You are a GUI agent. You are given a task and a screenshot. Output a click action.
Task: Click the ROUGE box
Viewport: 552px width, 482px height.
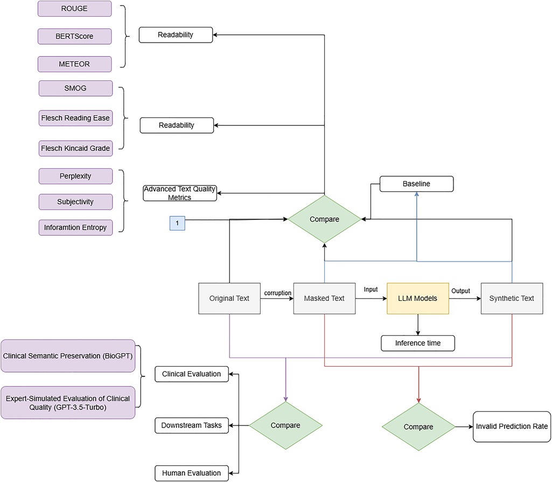tap(75, 9)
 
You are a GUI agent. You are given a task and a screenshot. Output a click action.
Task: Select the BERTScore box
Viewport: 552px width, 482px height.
tap(75, 36)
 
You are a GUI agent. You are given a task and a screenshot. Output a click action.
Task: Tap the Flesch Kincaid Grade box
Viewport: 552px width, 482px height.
tap(75, 148)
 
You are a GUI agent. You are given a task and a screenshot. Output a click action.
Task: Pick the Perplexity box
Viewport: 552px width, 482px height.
tap(75, 176)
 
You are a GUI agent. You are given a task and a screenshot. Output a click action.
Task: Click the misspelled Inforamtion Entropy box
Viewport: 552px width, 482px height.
tap(75, 228)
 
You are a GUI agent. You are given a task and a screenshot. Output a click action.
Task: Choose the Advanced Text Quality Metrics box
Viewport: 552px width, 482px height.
tap(179, 193)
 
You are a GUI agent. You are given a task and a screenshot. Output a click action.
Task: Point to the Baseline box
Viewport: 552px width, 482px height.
tap(416, 184)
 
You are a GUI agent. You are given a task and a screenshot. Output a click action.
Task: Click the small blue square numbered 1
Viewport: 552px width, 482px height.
tap(177, 223)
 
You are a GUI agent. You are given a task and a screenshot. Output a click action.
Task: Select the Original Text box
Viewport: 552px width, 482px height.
tap(229, 299)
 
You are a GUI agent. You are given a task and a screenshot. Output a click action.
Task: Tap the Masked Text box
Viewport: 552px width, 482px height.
tap(324, 299)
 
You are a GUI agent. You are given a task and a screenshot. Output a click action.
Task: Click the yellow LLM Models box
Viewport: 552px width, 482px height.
tap(417, 299)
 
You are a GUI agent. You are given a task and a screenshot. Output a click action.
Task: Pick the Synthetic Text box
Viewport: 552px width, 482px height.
tap(512, 299)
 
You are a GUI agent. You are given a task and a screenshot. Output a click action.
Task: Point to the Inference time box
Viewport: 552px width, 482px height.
tap(418, 343)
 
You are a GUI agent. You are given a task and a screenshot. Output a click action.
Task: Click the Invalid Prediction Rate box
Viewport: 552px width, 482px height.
tap(512, 426)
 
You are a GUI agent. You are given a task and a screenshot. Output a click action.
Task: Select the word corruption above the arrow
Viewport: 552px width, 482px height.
tap(278, 293)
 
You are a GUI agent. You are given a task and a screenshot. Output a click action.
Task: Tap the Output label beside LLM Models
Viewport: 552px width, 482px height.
tap(460, 291)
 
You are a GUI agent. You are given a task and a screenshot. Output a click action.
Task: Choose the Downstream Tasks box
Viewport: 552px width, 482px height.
tap(192, 425)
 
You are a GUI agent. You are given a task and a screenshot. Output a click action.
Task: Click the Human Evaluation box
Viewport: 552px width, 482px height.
tap(192, 473)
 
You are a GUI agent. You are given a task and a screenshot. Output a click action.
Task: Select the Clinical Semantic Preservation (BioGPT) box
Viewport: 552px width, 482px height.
tap(68, 356)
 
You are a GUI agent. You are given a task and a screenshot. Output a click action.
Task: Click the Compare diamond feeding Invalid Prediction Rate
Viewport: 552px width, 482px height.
tap(418, 426)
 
